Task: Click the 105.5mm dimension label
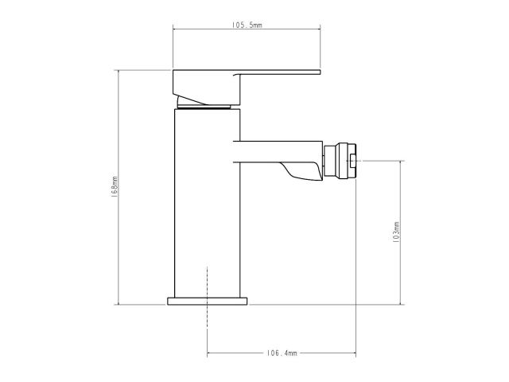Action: click(247, 26)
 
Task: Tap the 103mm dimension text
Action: click(396, 232)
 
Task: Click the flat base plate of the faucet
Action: click(208, 301)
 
